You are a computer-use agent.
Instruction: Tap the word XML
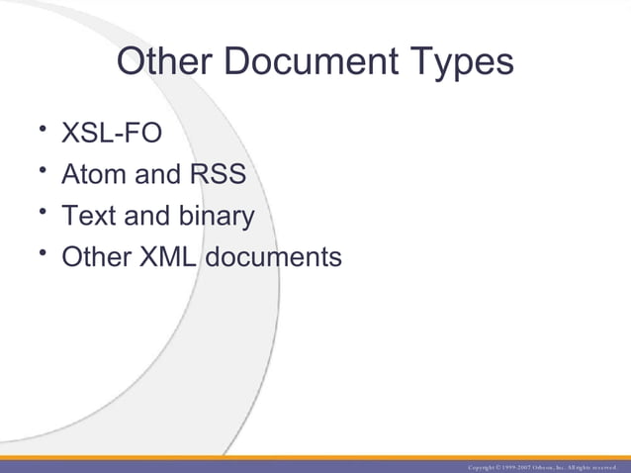tap(168, 258)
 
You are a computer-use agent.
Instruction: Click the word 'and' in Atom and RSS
tap(155, 175)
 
